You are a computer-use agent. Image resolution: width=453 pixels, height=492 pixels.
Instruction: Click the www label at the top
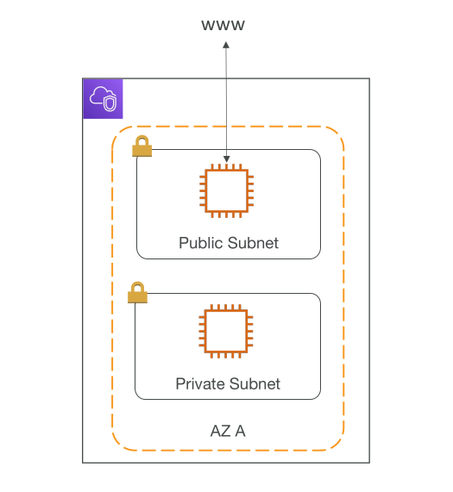pyautogui.click(x=223, y=25)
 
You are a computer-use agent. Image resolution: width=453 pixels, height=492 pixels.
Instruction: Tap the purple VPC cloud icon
pyautogui.click(x=103, y=99)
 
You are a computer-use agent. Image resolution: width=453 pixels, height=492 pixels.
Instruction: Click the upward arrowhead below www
pyautogui.click(x=226, y=45)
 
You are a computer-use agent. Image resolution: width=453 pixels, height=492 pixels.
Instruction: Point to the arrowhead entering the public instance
pyautogui.click(x=226, y=159)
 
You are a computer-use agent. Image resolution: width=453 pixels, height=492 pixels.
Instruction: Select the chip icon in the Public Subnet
pyautogui.click(x=226, y=190)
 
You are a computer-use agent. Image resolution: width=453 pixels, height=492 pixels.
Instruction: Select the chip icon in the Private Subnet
pyautogui.click(x=226, y=331)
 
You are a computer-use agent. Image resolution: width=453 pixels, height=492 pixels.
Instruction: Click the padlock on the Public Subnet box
pyautogui.click(x=142, y=146)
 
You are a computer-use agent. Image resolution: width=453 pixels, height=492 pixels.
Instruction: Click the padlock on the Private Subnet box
pyautogui.click(x=137, y=292)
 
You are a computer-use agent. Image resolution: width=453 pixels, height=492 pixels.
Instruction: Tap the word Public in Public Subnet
pyautogui.click(x=201, y=243)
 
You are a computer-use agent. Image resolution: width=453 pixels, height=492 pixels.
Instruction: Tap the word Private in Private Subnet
pyautogui.click(x=200, y=383)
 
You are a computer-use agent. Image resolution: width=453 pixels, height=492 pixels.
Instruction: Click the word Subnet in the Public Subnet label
pyautogui.click(x=253, y=243)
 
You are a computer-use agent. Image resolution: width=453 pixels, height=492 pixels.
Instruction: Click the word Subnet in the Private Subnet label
pyautogui.click(x=255, y=383)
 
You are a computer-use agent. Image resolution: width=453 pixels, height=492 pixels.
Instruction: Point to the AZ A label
pyautogui.click(x=228, y=431)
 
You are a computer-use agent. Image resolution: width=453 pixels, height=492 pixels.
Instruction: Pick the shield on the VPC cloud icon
pyautogui.click(x=110, y=103)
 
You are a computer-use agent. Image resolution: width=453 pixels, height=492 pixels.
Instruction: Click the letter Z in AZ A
pyautogui.click(x=226, y=431)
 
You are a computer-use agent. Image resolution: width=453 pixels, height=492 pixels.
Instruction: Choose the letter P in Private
pyautogui.click(x=180, y=383)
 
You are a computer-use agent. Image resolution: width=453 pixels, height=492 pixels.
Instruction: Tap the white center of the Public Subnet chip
pyautogui.click(x=226, y=190)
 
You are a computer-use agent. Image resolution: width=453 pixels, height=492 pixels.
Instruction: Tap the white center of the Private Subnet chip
pyautogui.click(x=226, y=331)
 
